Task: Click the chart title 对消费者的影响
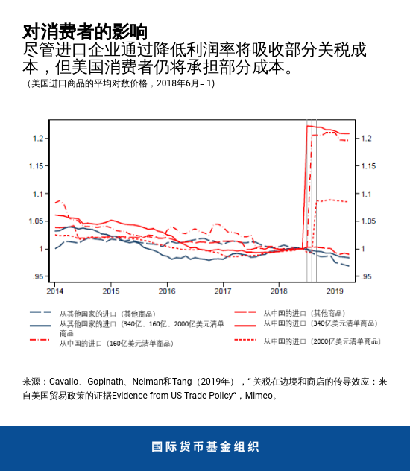pos(84,31)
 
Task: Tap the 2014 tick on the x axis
pos(54,290)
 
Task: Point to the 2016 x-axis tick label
pos(167,290)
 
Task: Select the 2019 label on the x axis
pos(335,290)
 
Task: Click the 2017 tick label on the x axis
pos(223,290)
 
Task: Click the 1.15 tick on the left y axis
pos(35,165)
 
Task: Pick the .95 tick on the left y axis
pos(37,276)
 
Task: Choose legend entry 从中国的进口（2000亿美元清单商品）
pos(322,341)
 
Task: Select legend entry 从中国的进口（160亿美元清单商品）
pos(119,344)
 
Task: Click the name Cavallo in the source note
pos(68,382)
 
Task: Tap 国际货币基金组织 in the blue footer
pos(205,447)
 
